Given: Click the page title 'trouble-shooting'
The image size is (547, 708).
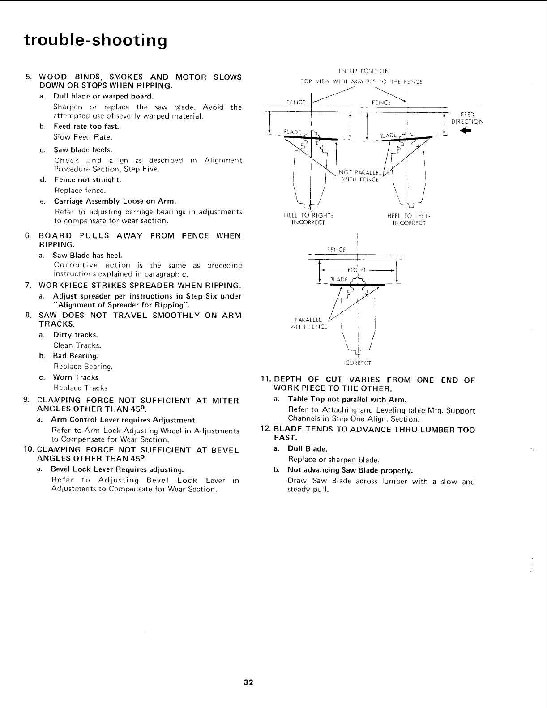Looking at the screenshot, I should [95, 40].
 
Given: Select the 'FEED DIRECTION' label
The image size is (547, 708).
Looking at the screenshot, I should [467, 118].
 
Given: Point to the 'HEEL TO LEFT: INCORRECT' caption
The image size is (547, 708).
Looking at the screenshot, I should [409, 219].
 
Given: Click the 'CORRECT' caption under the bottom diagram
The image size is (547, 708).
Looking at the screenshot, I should [358, 363].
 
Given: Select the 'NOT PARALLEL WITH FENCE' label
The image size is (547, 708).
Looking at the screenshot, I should [359, 176].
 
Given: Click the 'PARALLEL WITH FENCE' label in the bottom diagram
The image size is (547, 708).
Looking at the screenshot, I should [309, 323].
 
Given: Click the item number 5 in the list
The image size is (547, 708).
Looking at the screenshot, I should [28, 77].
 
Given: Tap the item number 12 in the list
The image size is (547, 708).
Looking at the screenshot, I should [265, 429].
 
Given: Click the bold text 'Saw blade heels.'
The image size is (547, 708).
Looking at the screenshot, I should [83, 149].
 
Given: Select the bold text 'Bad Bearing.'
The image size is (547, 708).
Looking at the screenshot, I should [75, 356].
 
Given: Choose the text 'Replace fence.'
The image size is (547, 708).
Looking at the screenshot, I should [74, 191].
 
